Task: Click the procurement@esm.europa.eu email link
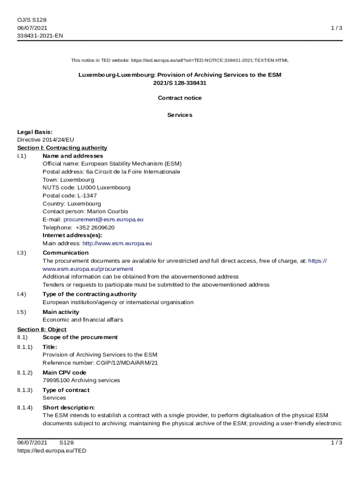coord(103,219)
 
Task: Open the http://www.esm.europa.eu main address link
coord(117,243)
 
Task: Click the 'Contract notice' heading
coord(180,98)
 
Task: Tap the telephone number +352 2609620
coord(95,227)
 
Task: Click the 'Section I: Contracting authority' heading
coord(62,148)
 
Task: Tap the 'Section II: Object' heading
coord(42,329)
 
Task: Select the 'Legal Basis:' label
coord(35,132)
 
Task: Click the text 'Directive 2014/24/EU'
coord(46,140)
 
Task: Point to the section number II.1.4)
coord(25,407)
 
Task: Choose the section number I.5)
coord(22,312)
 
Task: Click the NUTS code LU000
coord(86,188)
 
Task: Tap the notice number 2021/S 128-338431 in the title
coord(180,83)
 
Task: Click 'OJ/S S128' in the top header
coord(32,20)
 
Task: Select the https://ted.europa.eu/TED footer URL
coord(52,450)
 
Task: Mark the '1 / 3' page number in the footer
coord(337,443)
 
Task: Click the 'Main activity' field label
coord(61,312)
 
